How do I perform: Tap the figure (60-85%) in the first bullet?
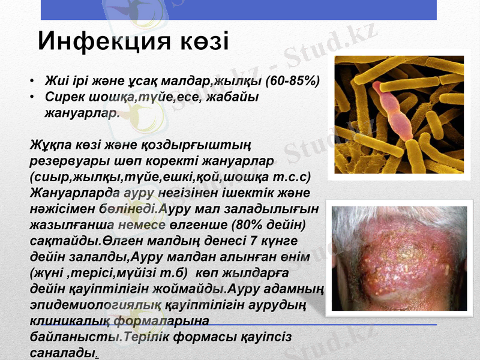[292, 81]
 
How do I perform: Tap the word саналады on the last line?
[62, 351]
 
